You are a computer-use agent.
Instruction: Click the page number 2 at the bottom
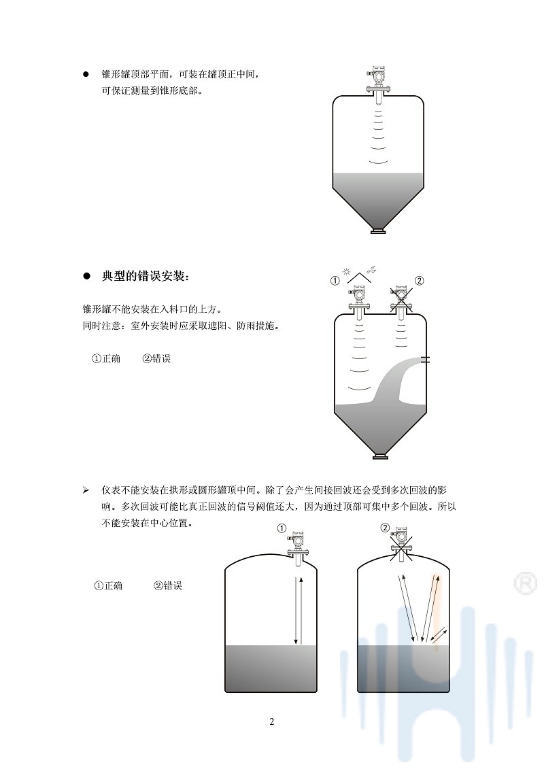point(271,721)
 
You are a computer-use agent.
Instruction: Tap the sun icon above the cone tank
point(347,272)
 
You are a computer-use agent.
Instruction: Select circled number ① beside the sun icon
point(335,280)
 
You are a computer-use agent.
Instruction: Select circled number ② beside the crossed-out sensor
point(419,280)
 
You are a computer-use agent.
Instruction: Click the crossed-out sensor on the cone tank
point(402,299)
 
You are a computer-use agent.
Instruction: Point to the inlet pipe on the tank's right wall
point(425,359)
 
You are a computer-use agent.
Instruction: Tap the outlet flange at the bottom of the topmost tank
point(377,233)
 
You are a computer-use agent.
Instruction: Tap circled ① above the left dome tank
point(282,528)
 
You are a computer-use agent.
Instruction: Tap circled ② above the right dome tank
point(386,528)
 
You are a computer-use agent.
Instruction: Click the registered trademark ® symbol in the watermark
point(524,583)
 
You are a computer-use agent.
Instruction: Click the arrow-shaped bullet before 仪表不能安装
point(86,490)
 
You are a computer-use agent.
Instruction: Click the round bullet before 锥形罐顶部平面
point(86,73)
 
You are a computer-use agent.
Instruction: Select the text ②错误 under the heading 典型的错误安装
point(156,358)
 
